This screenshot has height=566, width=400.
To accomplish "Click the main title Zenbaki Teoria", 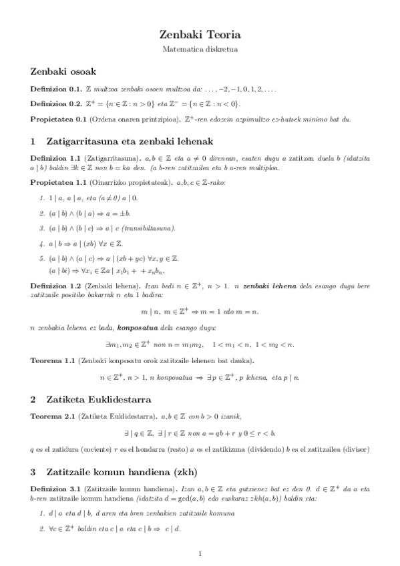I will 200,34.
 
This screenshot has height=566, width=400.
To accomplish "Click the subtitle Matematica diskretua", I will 200,49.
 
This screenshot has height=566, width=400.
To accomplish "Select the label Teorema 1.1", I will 53,360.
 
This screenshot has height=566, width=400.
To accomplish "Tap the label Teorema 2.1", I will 53,416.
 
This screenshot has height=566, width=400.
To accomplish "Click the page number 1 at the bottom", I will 200,553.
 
